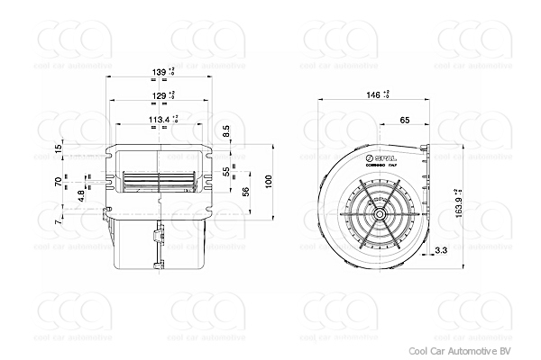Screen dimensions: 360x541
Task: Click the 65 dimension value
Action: [404, 119]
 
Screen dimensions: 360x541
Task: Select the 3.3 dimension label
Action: [442, 249]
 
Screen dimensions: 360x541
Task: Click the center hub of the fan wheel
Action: [381, 214]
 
